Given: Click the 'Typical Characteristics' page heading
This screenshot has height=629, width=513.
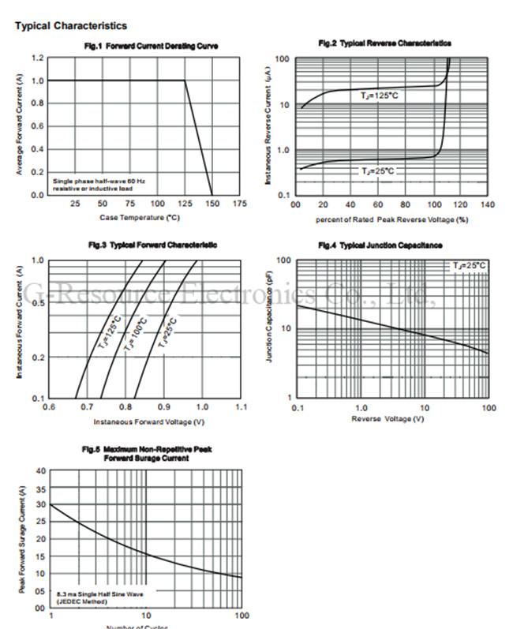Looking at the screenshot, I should (x=71, y=26).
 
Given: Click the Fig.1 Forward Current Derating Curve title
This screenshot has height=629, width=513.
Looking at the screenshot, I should (x=151, y=46).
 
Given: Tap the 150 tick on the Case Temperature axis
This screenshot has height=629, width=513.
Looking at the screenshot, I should (x=212, y=204).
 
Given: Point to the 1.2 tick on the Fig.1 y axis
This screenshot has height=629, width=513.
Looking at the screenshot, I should (x=38, y=58).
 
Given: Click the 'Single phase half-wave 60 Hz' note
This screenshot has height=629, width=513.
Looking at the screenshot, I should (x=99, y=181).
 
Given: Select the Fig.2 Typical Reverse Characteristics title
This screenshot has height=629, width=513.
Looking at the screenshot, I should (x=384, y=43).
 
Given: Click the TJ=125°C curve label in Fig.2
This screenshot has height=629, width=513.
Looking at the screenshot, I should (x=380, y=95).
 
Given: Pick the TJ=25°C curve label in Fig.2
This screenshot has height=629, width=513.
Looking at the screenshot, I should (x=378, y=170).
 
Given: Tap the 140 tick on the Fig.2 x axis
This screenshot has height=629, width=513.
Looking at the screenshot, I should (x=487, y=204).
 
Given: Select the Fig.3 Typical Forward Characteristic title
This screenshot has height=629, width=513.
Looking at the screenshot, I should (x=151, y=245).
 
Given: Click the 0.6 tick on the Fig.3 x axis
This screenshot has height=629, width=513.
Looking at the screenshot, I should (x=49, y=407).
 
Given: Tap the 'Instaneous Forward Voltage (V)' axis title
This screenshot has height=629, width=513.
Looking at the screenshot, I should (x=145, y=421).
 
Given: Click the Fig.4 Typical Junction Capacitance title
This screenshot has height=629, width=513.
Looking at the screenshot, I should (x=380, y=245).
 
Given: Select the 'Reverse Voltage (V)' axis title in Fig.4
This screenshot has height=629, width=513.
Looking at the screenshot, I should (x=388, y=418).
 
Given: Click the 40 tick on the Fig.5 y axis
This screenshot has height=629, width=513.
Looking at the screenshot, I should (x=40, y=470).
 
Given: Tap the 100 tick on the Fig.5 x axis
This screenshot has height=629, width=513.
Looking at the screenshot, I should (x=242, y=615).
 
